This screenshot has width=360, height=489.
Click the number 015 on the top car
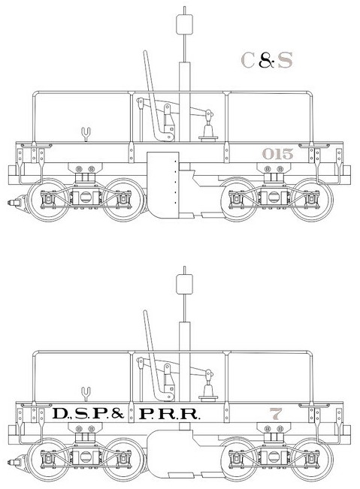coord(277,154)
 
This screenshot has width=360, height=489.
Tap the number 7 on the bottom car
coord(276,414)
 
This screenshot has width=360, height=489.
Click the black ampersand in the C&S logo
coord(267,60)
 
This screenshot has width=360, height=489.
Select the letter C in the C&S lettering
coord(248,60)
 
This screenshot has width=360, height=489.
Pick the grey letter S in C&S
coord(285,60)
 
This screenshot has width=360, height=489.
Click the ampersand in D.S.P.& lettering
coord(117,414)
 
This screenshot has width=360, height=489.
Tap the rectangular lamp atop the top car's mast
coord(184,24)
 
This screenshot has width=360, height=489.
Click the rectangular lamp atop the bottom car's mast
coord(184,284)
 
